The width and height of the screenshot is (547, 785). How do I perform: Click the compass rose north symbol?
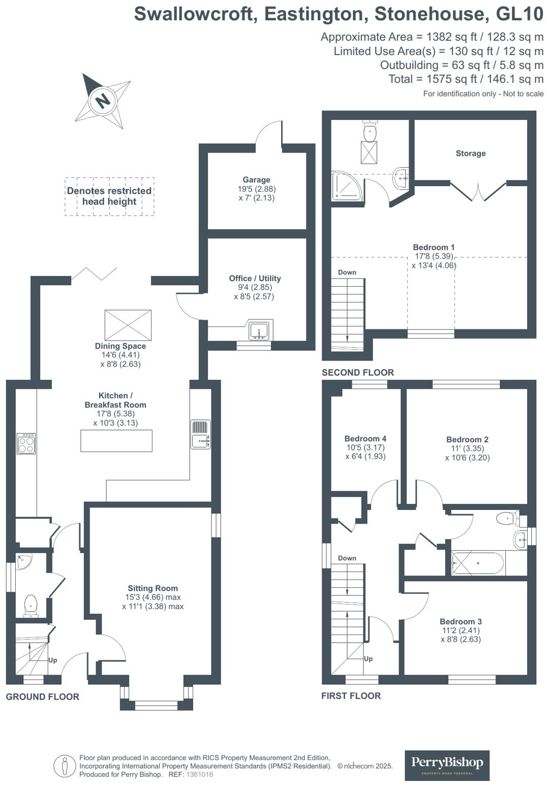point(103,100)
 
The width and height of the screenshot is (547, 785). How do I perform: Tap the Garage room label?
point(256,179)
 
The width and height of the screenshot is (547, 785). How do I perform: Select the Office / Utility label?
point(255,278)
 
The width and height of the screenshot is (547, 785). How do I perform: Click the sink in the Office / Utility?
point(260,330)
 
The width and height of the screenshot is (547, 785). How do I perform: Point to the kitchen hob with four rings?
point(26,443)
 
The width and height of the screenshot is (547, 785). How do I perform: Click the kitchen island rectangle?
point(116,441)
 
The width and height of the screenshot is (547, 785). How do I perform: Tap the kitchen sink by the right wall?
point(201,435)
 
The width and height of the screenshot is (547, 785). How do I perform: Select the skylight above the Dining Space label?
point(128,325)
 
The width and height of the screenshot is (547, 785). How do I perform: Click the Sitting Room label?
point(153,588)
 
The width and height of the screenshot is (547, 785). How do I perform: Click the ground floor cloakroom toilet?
point(31,606)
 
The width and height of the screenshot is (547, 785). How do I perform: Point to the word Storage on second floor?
point(470,153)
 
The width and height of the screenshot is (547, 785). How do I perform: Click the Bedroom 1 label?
point(434,247)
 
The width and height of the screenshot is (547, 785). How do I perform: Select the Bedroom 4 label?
point(365,438)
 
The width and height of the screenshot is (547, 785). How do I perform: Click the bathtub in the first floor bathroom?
point(478,563)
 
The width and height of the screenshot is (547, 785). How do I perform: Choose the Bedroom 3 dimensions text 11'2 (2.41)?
point(460,630)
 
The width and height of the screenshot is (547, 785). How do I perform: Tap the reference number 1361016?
point(200,774)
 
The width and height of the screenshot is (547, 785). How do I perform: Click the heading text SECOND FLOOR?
point(357,372)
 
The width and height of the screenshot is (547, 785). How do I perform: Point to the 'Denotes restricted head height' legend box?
point(109,196)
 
